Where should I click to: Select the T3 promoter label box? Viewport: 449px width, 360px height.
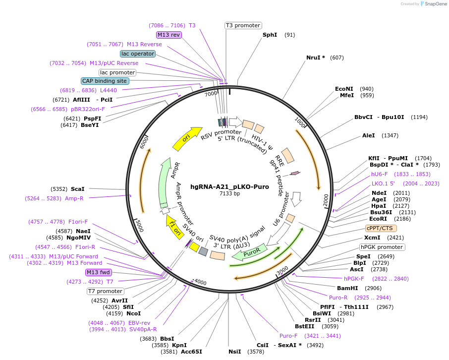coord(243,25)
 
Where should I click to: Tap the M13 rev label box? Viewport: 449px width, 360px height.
coord(169,35)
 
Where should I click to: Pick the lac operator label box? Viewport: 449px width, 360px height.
coord(138,54)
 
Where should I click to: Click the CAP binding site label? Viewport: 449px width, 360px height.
coord(105,81)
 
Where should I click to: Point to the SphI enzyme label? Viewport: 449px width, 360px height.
coord(270,35)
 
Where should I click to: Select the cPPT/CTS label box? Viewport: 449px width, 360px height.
coord(380,229)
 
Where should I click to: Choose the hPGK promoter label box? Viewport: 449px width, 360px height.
coord(382,247)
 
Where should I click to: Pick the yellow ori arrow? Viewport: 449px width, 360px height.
coord(187,139)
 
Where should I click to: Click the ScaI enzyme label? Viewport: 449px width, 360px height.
coord(78,189)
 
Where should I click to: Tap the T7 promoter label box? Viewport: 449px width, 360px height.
coord(105,291)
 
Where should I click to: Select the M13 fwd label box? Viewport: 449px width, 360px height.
coord(98,272)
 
